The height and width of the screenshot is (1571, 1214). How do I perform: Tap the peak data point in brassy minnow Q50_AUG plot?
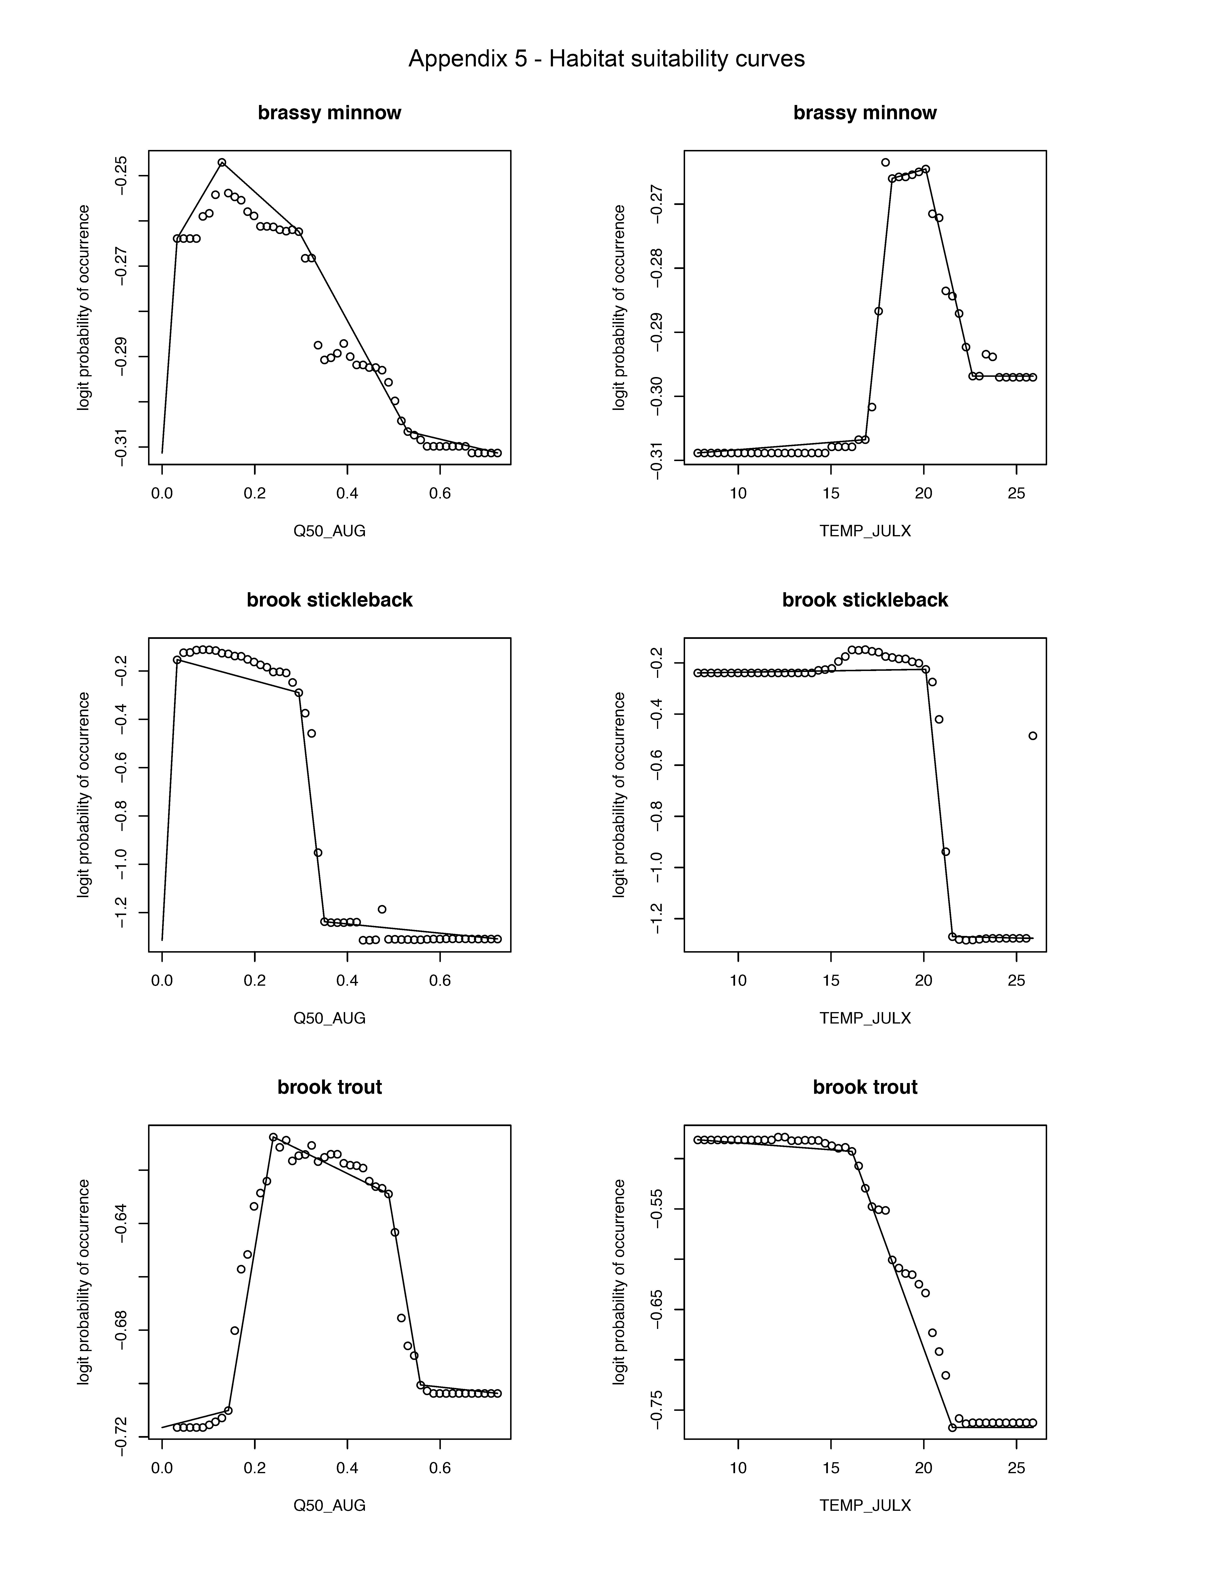pyautogui.click(x=222, y=163)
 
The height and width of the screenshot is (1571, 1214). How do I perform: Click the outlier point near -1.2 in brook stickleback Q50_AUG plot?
pyautogui.click(x=382, y=909)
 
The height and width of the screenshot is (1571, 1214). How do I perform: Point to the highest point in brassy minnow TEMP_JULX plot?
pyautogui.click(x=885, y=163)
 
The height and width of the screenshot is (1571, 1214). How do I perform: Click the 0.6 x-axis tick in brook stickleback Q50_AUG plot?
pyautogui.click(x=440, y=980)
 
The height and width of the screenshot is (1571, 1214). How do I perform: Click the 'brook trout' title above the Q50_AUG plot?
pyautogui.click(x=329, y=1087)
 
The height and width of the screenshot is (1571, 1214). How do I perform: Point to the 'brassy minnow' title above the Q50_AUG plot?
pyautogui.click(x=329, y=113)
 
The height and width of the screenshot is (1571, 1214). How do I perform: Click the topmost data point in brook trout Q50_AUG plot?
pyautogui.click(x=273, y=1137)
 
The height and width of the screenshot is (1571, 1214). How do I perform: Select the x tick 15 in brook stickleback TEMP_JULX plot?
pyautogui.click(x=831, y=980)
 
